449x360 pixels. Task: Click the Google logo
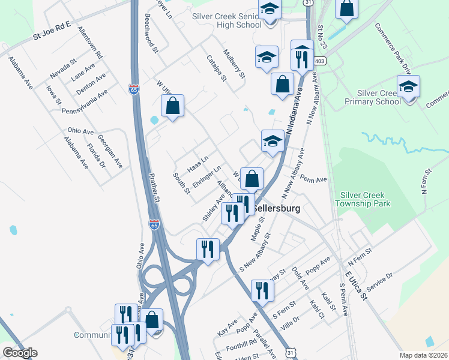tap(20, 352)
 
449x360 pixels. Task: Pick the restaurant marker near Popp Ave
tap(262, 290)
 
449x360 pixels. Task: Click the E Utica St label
tap(355, 284)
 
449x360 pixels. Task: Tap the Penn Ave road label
tap(313, 179)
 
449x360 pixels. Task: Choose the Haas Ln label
tap(197, 163)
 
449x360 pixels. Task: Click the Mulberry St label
tap(234, 64)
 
